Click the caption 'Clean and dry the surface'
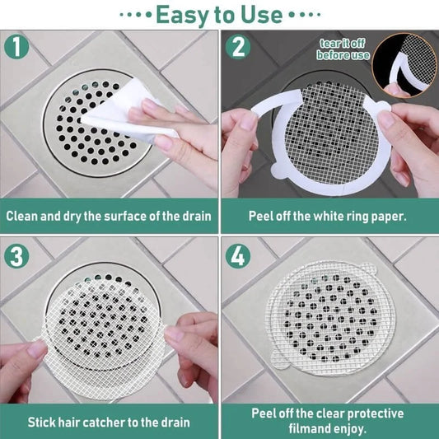coord(110,217)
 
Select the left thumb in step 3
coord(37,350)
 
